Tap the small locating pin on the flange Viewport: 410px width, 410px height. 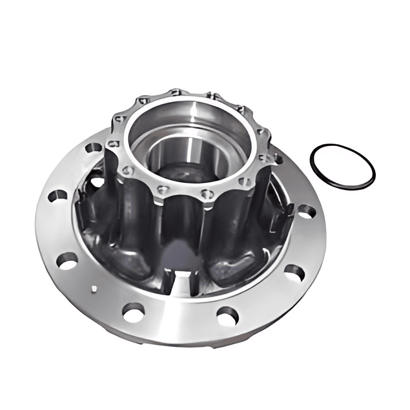(x=93, y=288)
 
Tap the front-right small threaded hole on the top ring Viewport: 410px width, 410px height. (x=207, y=193)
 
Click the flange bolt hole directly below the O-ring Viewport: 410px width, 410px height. (x=306, y=211)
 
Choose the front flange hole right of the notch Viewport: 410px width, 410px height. (x=227, y=315)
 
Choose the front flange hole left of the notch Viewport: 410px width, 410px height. (x=133, y=312)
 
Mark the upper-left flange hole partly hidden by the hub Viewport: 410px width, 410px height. (x=93, y=148)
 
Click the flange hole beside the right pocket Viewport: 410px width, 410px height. (x=294, y=272)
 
